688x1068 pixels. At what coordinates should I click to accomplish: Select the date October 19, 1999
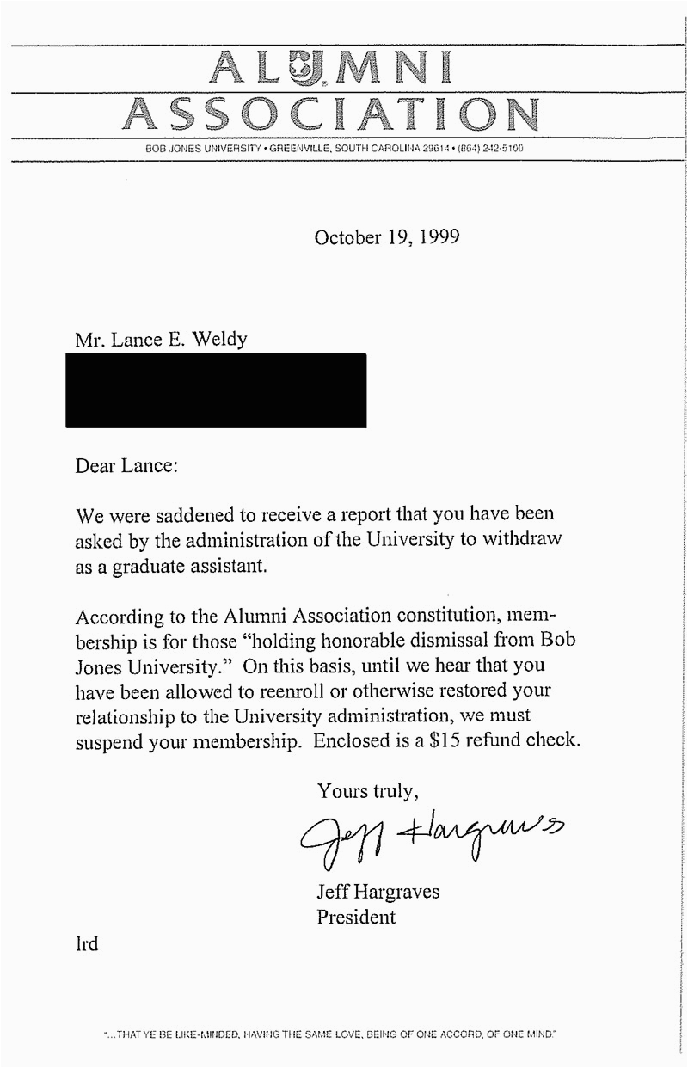pyautogui.click(x=386, y=237)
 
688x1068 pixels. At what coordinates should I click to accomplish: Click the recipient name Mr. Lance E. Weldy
pyautogui.click(x=161, y=339)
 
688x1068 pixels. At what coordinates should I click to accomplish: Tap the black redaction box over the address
pyautogui.click(x=216, y=390)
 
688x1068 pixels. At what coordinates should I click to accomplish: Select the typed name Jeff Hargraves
pyautogui.click(x=378, y=892)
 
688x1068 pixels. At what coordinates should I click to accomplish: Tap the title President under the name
pyautogui.click(x=357, y=917)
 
